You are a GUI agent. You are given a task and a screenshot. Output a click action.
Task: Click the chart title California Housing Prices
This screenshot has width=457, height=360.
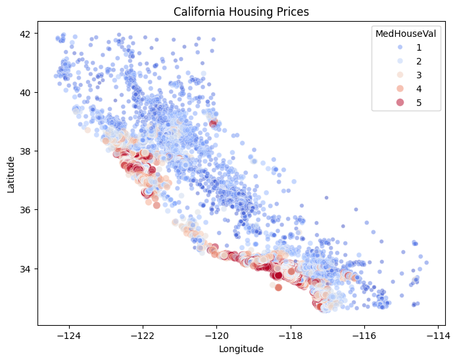pyautogui.click(x=245, y=12)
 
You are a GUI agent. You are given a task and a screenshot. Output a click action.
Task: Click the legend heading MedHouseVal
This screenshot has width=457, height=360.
pyautogui.click(x=404, y=34)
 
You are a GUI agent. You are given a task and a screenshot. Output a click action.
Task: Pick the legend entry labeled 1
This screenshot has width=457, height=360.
pyautogui.click(x=419, y=47)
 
